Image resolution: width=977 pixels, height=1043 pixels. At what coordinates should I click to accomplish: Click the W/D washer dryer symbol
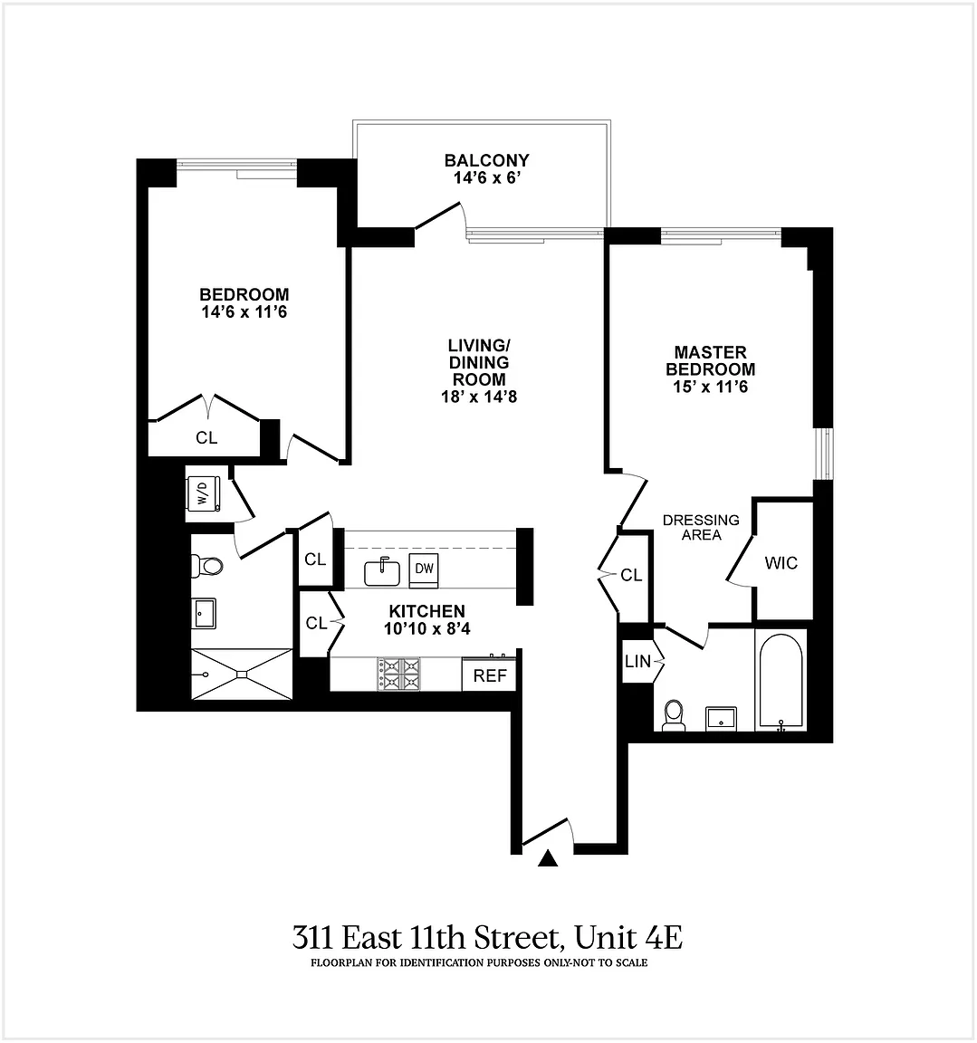204,493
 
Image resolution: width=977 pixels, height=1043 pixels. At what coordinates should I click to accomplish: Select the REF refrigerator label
490,675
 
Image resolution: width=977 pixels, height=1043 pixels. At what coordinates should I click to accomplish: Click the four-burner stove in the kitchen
399,674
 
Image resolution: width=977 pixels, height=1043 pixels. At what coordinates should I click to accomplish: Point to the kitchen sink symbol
382,572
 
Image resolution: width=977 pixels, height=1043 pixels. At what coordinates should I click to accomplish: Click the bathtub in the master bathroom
781,683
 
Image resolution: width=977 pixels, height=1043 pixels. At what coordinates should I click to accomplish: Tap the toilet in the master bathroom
674,715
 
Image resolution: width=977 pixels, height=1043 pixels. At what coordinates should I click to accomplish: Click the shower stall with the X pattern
242,674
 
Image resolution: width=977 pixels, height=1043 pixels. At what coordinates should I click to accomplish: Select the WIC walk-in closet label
781,563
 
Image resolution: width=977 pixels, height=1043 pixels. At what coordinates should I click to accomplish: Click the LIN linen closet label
637,661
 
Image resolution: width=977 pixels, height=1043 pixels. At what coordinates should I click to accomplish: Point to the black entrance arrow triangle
548,858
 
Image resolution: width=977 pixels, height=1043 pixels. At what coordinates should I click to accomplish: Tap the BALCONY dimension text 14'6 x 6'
486,177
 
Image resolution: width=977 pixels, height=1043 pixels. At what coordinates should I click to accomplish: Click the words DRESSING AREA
701,527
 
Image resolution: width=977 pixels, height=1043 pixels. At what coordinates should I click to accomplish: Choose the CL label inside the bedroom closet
206,437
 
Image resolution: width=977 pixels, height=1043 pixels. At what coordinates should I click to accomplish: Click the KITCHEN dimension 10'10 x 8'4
427,628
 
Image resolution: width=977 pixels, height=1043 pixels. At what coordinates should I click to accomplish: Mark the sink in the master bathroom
721,718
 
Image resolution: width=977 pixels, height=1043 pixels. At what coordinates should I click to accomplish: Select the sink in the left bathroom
204,613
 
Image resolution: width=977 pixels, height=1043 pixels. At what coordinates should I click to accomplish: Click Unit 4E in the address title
628,938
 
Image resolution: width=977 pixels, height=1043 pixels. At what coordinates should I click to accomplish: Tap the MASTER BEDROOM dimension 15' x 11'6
710,387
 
